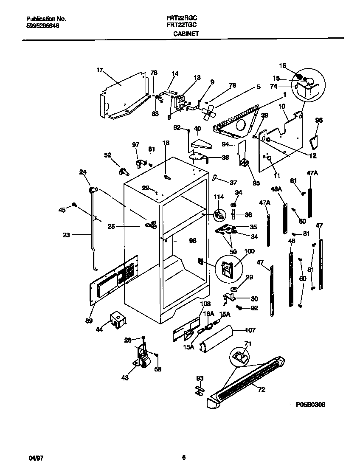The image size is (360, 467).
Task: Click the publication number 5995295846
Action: pos(42,25)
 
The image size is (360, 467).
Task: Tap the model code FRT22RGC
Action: pos(181,19)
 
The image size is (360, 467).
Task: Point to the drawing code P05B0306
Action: pos(310,405)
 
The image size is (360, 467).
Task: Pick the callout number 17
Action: pos(100,70)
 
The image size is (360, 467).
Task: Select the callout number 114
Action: pos(218,197)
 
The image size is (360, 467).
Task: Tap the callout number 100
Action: pos(249,251)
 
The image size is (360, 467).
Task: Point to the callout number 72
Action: pos(262,389)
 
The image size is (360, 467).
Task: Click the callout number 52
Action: pos(107,155)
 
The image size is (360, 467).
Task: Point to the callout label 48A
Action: pos(276,188)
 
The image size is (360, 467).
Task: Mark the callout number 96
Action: pos(319,120)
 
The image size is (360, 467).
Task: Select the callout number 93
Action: pos(199,377)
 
